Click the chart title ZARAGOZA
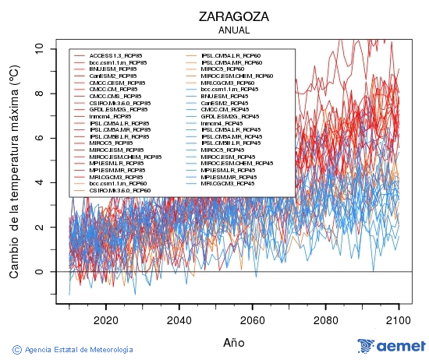tap(234, 16)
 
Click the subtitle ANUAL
tap(234, 30)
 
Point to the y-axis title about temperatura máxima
tap(14, 171)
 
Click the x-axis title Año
tap(234, 342)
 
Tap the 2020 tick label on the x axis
tap(105, 319)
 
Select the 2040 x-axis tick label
tap(179, 319)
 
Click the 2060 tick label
tap(252, 319)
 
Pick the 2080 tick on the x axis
tap(325, 319)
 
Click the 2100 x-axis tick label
tap(399, 319)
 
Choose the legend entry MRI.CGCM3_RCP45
tap(227, 183)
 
